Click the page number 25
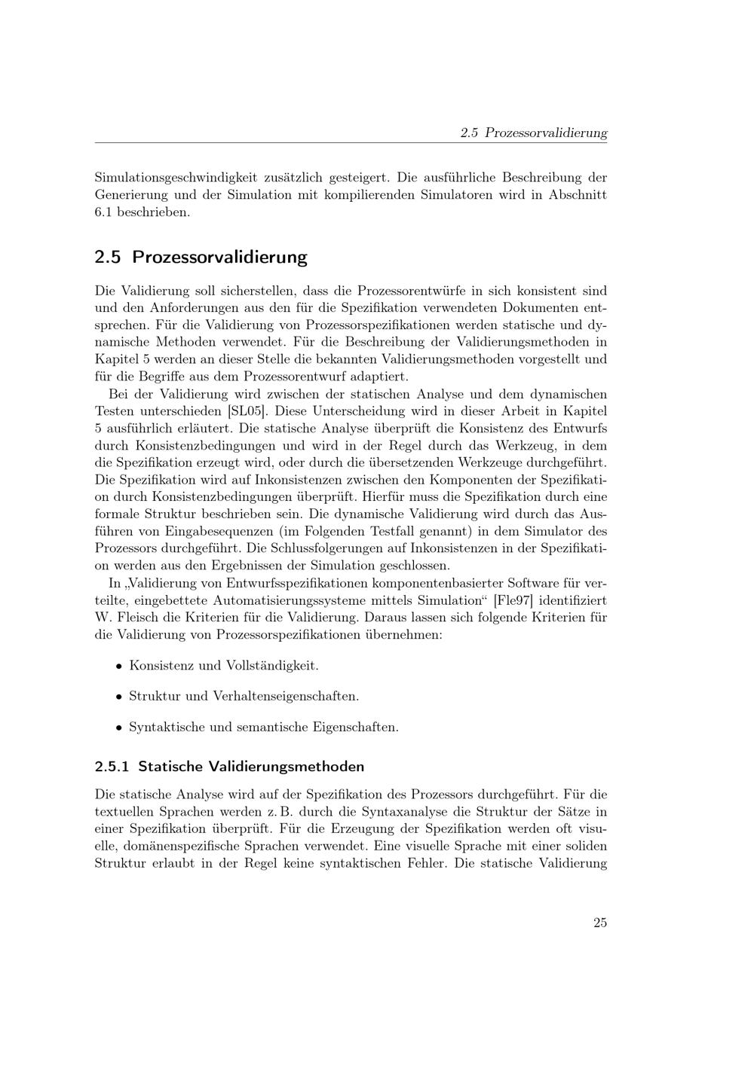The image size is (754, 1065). (599, 923)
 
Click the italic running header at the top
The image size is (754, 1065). (533, 133)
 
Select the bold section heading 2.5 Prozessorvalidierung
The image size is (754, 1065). (201, 257)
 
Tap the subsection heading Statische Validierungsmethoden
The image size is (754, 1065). (229, 767)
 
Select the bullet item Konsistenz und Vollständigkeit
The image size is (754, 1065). (224, 666)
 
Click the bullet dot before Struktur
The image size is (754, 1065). (118, 697)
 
